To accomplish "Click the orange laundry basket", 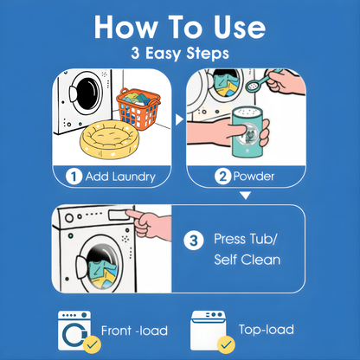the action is [x=138, y=109].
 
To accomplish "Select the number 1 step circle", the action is [x=74, y=177].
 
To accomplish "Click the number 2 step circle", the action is [x=222, y=177].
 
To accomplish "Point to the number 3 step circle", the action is [x=194, y=241].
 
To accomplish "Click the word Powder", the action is [x=254, y=177].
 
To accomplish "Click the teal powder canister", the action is [x=248, y=132].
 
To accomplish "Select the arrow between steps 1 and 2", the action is [x=179, y=119].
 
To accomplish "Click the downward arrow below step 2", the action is [x=246, y=196].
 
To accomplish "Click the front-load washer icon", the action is [x=74, y=331].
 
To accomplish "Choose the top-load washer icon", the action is [x=209, y=331].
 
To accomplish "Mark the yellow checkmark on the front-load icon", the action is [x=92, y=344].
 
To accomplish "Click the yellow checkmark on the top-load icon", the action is [x=226, y=344].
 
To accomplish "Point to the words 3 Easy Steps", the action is [x=180, y=54].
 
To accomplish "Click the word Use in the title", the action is [x=240, y=27].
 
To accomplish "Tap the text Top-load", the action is [x=267, y=330].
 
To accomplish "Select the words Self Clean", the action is [x=247, y=260].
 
